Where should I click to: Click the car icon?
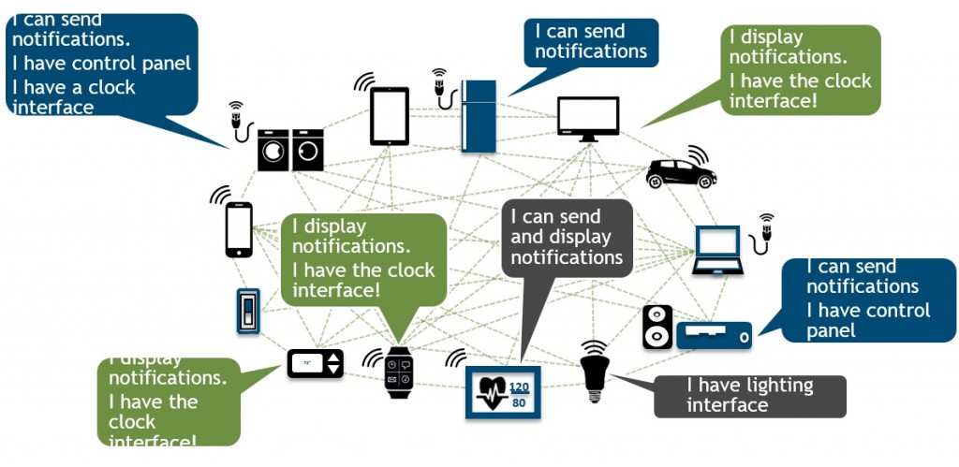point(681,172)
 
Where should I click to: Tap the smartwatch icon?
point(399,372)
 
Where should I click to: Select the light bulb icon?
point(592,371)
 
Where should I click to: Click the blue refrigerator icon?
point(479,115)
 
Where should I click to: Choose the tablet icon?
point(390,116)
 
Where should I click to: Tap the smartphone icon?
point(239,229)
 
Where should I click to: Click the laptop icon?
point(717,250)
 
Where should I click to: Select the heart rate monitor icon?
point(503,391)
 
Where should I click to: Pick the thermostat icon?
point(315,362)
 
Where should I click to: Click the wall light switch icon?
point(248,310)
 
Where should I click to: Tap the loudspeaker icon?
point(657,327)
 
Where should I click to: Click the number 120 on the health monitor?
point(520,386)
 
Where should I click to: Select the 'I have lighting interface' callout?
point(749,396)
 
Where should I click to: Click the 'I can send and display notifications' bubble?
point(567,238)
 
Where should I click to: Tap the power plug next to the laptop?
point(765,232)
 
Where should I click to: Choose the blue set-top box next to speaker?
point(714,334)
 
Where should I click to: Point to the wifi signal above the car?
point(697,153)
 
